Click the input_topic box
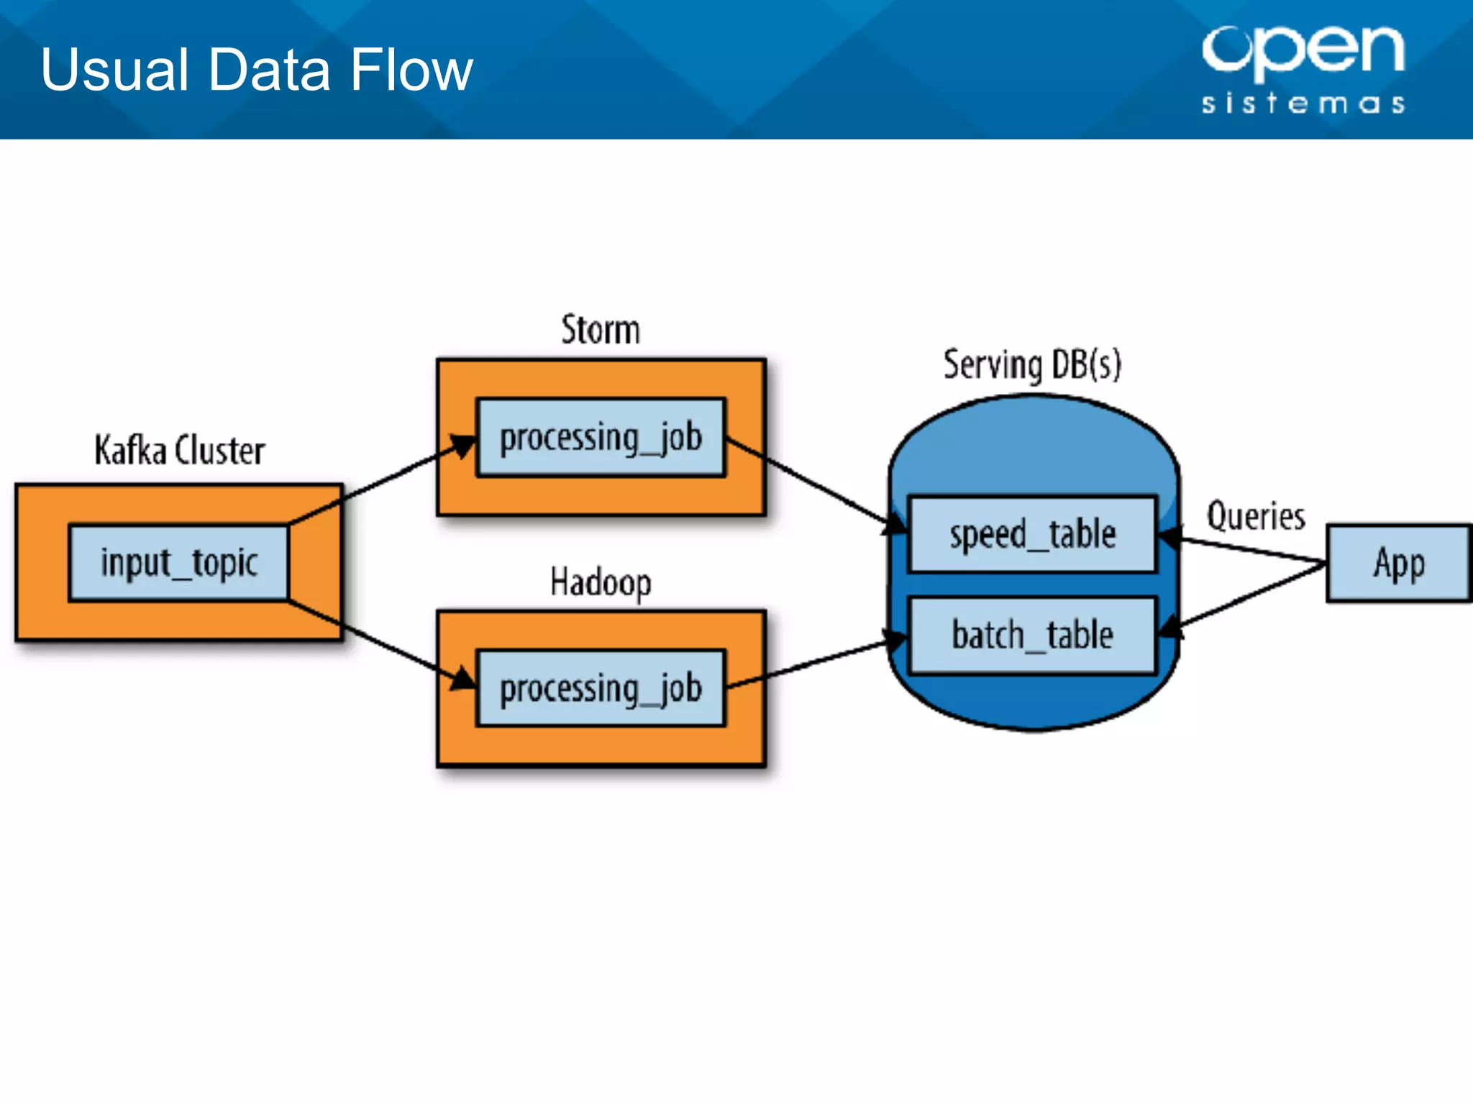[x=178, y=563]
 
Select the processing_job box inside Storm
[x=601, y=438]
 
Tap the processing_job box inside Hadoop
[x=601, y=689]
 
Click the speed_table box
[x=1032, y=534]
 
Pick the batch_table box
[x=1032, y=635]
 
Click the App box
[x=1398, y=563]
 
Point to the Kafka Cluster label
[x=180, y=451]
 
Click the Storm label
[x=601, y=330]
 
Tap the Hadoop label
[x=601, y=581]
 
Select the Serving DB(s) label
[x=1032, y=364]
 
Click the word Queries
[x=1256, y=516]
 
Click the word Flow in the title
[x=411, y=70]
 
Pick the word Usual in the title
[x=115, y=70]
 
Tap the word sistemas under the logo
[x=1303, y=103]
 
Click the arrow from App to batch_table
[x=1251, y=595]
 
